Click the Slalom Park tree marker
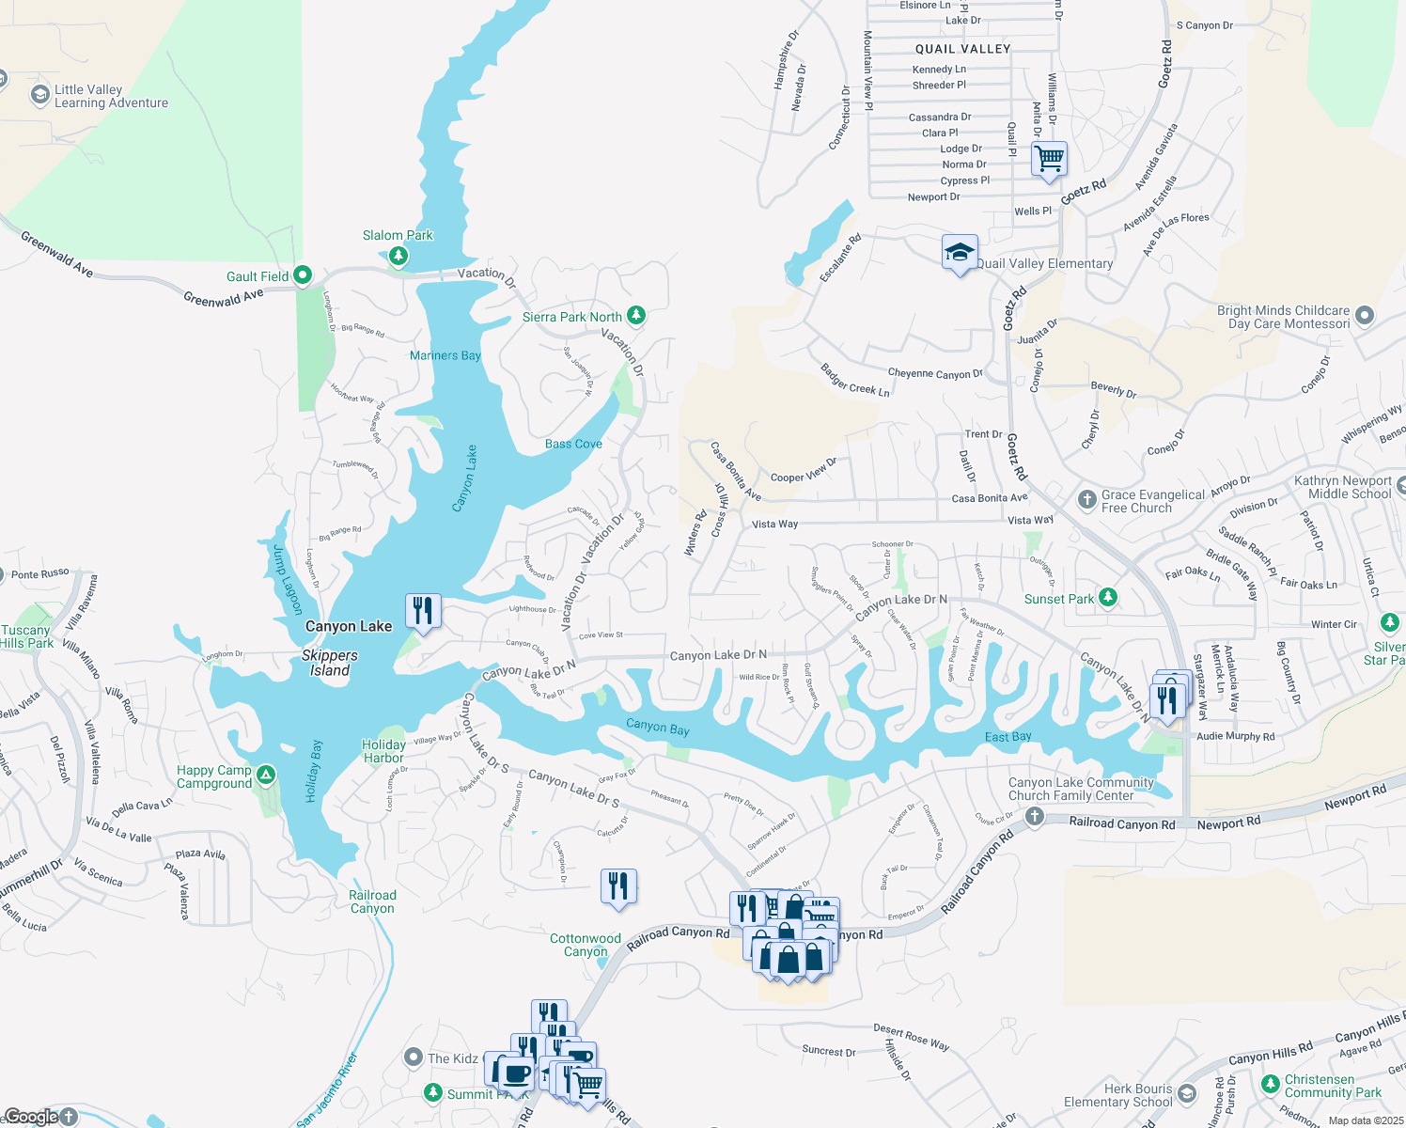pyautogui.click(x=398, y=255)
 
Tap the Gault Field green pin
pyautogui.click(x=303, y=275)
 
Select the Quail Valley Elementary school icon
pyautogui.click(x=960, y=253)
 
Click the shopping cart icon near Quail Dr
pyautogui.click(x=1049, y=159)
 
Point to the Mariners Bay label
pyautogui.click(x=445, y=355)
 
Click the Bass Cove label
pyautogui.click(x=573, y=444)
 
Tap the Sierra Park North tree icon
pyautogui.click(x=636, y=315)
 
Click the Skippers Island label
pyautogui.click(x=330, y=663)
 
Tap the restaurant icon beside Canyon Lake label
pyautogui.click(x=424, y=611)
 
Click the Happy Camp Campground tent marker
pyautogui.click(x=266, y=775)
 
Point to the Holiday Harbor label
pyautogui.click(x=383, y=751)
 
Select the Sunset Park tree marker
pyautogui.click(x=1108, y=598)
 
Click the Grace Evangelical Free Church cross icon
pyautogui.click(x=1086, y=499)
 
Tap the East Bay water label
pyautogui.click(x=1008, y=737)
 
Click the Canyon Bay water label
pyautogui.click(x=658, y=727)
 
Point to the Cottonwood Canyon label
pyautogui.click(x=586, y=945)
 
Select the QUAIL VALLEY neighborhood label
pyautogui.click(x=962, y=49)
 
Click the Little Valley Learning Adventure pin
pyautogui.click(x=39, y=95)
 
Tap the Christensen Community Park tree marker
pyautogui.click(x=1271, y=1087)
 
